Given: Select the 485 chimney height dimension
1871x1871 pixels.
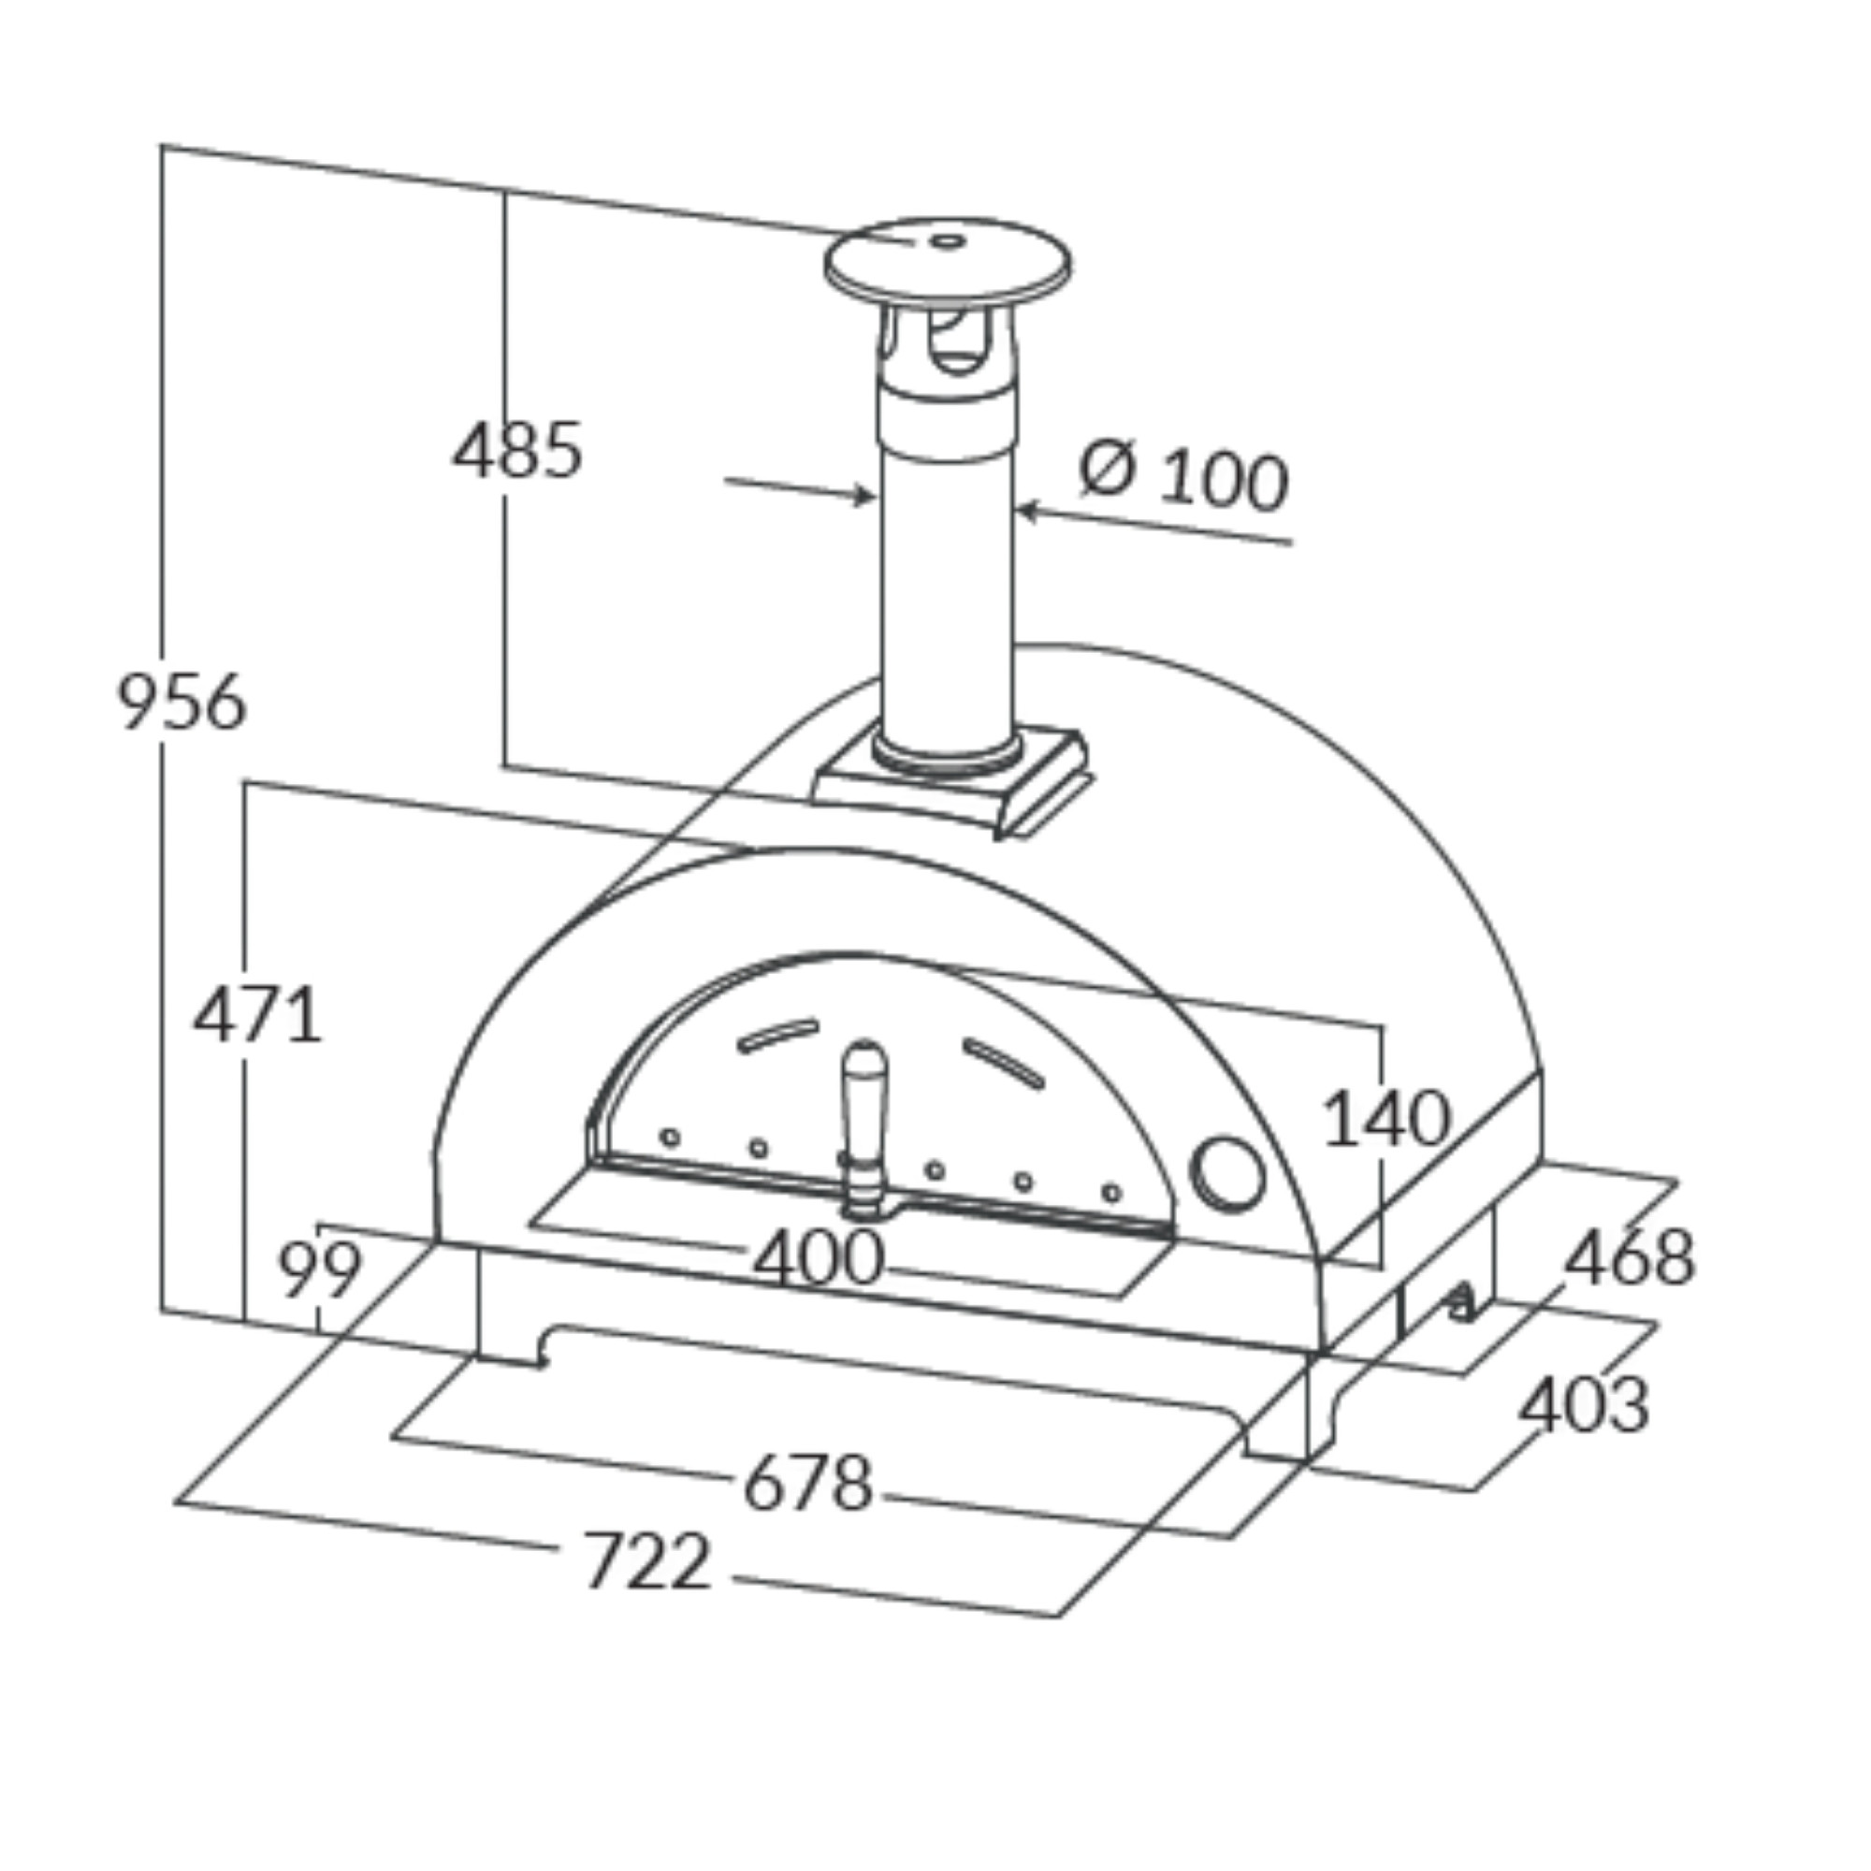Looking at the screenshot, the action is pyautogui.click(x=518, y=450).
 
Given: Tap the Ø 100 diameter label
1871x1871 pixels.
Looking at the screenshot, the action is pyautogui.click(x=1184, y=476).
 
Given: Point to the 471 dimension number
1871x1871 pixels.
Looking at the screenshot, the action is pyautogui.click(x=256, y=1015).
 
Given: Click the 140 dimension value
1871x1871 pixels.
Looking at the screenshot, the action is pyautogui.click(x=1385, y=1119).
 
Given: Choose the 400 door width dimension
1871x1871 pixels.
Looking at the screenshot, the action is pyautogui.click(x=819, y=1258).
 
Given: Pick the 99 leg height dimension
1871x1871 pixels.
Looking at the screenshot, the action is pyautogui.click(x=321, y=1269).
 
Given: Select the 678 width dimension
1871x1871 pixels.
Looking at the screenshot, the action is pyautogui.click(x=808, y=1483).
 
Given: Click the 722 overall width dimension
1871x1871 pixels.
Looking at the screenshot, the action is pyautogui.click(x=647, y=1560).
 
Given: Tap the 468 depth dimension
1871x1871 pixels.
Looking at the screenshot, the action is pyautogui.click(x=1630, y=1257).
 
